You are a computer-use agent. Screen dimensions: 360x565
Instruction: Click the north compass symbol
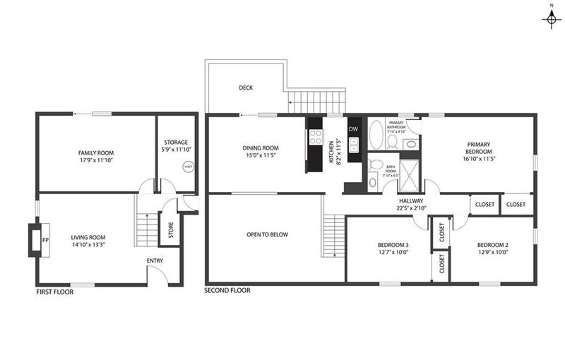(x=550, y=19)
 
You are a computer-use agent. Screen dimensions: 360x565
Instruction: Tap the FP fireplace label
(x=44, y=240)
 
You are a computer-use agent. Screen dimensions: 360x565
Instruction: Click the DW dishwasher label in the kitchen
(x=354, y=129)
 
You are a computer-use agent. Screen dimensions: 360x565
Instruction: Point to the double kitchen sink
(x=355, y=146)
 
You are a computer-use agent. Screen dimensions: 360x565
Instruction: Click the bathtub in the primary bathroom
(x=376, y=134)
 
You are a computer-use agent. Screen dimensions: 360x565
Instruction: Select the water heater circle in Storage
(x=188, y=167)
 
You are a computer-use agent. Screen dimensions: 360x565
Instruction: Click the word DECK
(x=245, y=88)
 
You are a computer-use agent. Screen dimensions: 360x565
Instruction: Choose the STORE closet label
(x=170, y=229)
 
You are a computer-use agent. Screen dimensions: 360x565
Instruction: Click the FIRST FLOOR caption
(x=55, y=291)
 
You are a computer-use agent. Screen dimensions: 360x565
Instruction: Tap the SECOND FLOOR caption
(x=227, y=290)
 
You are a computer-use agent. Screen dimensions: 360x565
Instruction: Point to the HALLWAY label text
(x=410, y=200)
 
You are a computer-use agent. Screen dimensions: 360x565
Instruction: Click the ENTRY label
(x=155, y=261)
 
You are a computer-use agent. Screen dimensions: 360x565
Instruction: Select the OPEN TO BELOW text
(x=267, y=235)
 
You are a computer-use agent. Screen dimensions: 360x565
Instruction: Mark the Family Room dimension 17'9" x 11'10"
(x=95, y=161)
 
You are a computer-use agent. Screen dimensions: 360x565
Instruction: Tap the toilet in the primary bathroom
(x=392, y=142)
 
